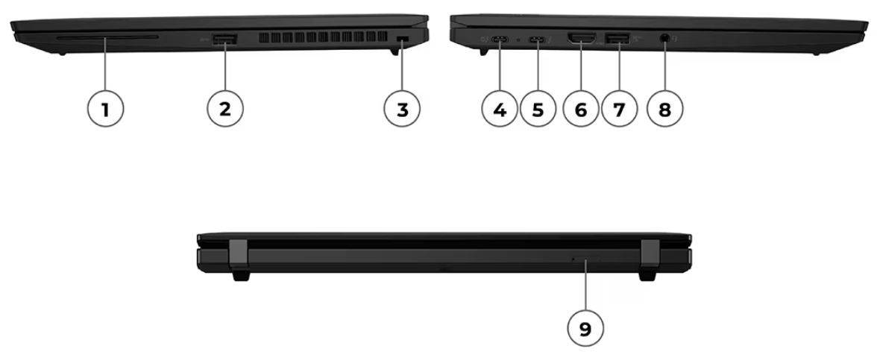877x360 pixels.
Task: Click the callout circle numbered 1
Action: (x=105, y=109)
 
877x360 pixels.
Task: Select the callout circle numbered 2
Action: (x=225, y=109)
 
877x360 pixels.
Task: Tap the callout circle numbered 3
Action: (x=402, y=109)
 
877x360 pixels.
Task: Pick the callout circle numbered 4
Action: (x=500, y=109)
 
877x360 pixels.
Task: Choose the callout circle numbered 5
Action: (x=538, y=109)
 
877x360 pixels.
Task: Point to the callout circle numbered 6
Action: (x=581, y=109)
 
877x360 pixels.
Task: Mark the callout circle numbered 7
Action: (x=619, y=109)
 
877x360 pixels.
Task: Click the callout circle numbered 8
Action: (x=664, y=109)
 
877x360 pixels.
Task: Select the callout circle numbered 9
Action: (x=585, y=329)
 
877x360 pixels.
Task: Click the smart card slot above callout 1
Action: (x=107, y=38)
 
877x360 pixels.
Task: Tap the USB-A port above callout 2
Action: (x=225, y=39)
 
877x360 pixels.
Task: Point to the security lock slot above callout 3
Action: (x=402, y=39)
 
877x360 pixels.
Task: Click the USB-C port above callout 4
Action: (x=500, y=40)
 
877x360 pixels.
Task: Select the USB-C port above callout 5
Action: (x=538, y=40)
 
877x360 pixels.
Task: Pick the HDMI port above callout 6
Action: (x=582, y=39)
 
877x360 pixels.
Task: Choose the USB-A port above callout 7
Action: (x=618, y=39)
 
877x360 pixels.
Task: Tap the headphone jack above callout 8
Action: (x=665, y=39)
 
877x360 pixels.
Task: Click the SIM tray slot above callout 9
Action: (x=586, y=259)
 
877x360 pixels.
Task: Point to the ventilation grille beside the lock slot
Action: (x=323, y=38)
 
